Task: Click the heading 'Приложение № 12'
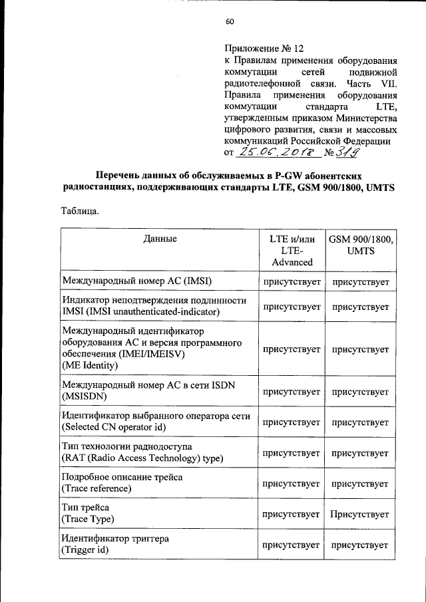point(264,49)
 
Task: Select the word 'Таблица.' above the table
point(80,212)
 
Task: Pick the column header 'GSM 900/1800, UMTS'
point(360,244)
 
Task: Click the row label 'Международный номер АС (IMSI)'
point(136,282)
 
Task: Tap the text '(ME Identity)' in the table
point(89,366)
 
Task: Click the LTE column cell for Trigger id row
point(292,545)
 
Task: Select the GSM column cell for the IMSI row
point(360,282)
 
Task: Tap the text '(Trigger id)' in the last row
point(85,550)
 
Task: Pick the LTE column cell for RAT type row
point(292,453)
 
